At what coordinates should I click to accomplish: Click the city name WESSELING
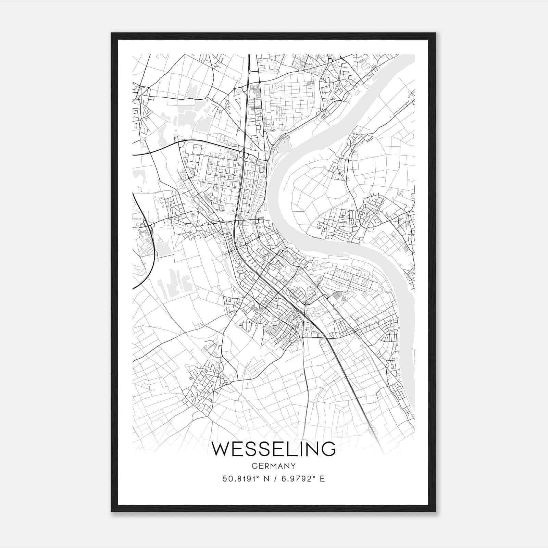(x=274, y=449)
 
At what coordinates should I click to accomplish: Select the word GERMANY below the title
(x=274, y=466)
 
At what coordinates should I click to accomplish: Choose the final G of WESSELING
(x=328, y=449)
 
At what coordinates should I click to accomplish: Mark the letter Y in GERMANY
(x=293, y=466)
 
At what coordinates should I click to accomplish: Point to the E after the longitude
(x=322, y=479)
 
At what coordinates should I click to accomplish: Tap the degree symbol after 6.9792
(x=314, y=476)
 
